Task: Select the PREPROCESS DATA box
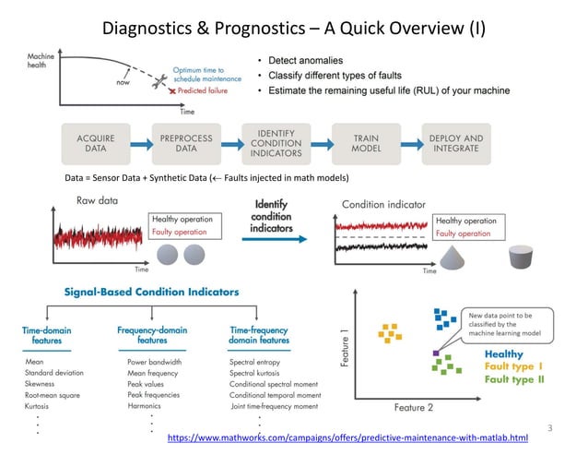tap(186, 143)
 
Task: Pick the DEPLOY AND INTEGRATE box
tap(455, 143)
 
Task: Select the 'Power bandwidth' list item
tap(155, 363)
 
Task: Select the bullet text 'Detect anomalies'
tap(304, 59)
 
